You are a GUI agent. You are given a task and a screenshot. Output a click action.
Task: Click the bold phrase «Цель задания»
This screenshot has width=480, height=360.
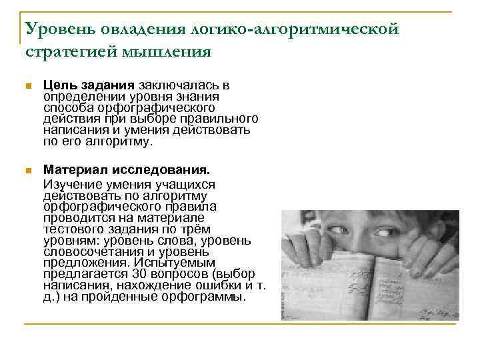tap(89, 85)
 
